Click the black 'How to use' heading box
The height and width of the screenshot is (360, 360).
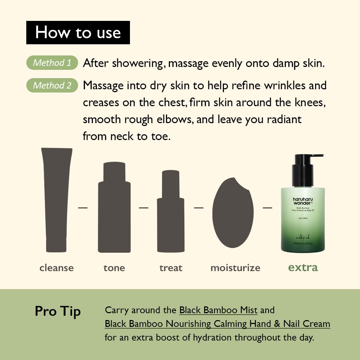click(78, 32)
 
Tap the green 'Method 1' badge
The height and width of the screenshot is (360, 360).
click(52, 63)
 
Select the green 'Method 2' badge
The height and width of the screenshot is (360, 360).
click(52, 85)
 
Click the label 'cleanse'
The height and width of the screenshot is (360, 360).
click(57, 268)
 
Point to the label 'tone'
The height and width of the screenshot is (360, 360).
click(114, 268)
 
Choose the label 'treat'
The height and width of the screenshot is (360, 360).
click(171, 268)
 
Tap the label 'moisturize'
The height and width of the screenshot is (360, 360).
click(235, 268)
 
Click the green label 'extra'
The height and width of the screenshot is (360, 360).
click(303, 267)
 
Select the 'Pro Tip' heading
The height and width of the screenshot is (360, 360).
click(58, 311)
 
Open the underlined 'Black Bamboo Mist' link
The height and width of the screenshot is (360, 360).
click(218, 310)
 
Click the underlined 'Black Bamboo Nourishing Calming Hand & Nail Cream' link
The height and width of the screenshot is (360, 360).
click(217, 324)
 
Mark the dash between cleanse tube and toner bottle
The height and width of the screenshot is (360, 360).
click(83, 208)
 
